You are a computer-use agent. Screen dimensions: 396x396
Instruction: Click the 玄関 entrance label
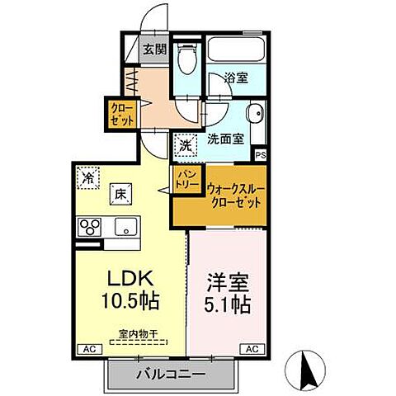tap(155, 49)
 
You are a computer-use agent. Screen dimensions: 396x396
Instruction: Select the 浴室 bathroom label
tap(237, 78)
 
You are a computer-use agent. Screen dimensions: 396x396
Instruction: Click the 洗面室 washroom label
tap(224, 139)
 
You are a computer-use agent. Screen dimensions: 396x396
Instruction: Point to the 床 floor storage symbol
tap(119, 195)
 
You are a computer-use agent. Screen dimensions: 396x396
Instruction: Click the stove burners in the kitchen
tap(88, 225)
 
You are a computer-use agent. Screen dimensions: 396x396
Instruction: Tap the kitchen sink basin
tap(125, 225)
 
